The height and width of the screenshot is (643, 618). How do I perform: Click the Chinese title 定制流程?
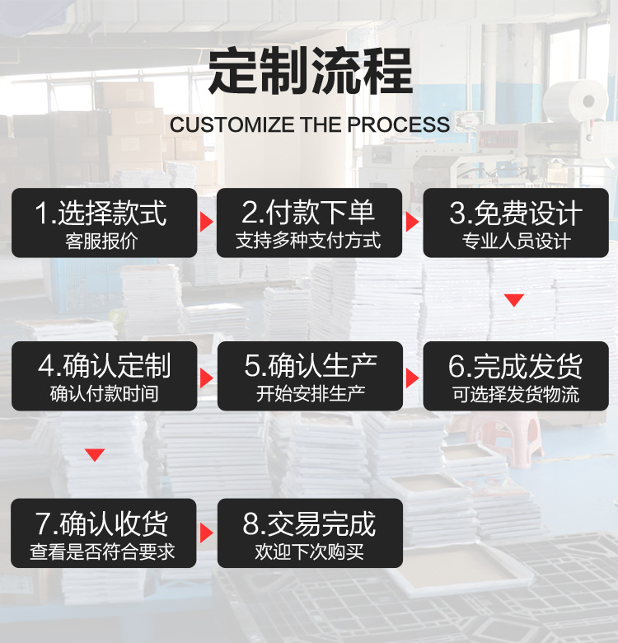(x=309, y=72)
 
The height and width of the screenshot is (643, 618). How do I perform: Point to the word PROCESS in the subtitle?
(x=399, y=125)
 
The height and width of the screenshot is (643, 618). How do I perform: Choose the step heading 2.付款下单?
(x=308, y=214)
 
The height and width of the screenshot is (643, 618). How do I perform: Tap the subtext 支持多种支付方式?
(x=308, y=242)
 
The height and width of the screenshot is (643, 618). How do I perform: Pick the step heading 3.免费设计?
(x=516, y=214)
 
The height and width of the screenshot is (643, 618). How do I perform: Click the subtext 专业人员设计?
(x=516, y=242)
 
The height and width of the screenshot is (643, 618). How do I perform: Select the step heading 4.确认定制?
(x=104, y=366)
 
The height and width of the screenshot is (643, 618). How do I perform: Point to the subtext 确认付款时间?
(x=104, y=394)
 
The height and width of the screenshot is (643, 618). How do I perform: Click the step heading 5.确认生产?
(x=310, y=366)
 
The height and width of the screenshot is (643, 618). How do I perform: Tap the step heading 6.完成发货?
(x=516, y=366)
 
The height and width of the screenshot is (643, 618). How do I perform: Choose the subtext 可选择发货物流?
(x=516, y=394)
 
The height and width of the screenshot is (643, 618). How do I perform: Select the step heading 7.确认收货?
(x=103, y=523)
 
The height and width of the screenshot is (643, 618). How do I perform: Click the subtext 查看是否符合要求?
(x=103, y=551)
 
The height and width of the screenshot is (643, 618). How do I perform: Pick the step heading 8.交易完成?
(x=309, y=523)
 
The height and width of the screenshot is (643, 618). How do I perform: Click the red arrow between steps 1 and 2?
(x=207, y=223)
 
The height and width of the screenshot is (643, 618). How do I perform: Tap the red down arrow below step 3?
(x=514, y=300)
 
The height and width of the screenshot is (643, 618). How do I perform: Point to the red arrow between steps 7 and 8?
(x=207, y=533)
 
